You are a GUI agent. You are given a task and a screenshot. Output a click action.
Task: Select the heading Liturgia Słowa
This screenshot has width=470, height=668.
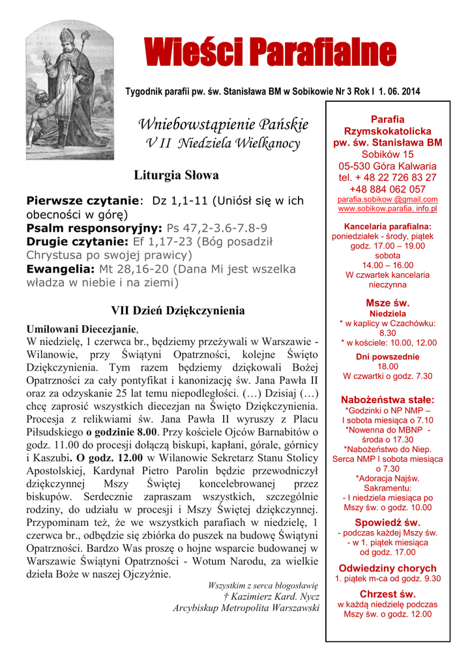pyautogui.click(x=176, y=175)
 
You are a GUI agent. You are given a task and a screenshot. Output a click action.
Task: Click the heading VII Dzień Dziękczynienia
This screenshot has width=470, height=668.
pyautogui.click(x=177, y=311)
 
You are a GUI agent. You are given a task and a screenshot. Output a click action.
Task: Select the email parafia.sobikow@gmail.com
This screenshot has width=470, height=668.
pyautogui.click(x=387, y=199)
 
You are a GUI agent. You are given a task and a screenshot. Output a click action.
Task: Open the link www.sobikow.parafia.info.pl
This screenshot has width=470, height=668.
pyautogui.click(x=387, y=209)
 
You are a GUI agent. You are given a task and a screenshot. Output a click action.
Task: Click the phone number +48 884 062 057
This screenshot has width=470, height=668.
pyautogui.click(x=387, y=189)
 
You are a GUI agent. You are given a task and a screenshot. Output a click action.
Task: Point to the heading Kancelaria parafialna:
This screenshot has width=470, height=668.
pyautogui.click(x=387, y=226)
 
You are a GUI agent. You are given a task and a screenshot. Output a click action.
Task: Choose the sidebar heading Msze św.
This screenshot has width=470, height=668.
pyautogui.click(x=387, y=303)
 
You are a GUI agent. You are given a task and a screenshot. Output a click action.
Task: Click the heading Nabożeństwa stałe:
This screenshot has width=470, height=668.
pyautogui.click(x=387, y=399)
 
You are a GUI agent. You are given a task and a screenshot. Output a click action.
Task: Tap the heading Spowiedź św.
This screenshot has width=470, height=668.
pyautogui.click(x=387, y=522)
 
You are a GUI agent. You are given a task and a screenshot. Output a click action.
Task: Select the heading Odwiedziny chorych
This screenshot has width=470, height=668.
pyautogui.click(x=387, y=567)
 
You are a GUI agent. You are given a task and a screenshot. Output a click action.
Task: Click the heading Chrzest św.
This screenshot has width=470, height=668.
pyautogui.click(x=387, y=594)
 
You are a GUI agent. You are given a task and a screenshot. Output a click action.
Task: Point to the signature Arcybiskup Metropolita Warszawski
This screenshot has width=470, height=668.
pyautogui.click(x=246, y=608)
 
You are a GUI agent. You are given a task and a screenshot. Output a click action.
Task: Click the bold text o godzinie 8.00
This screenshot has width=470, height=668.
pyautogui.click(x=121, y=431)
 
